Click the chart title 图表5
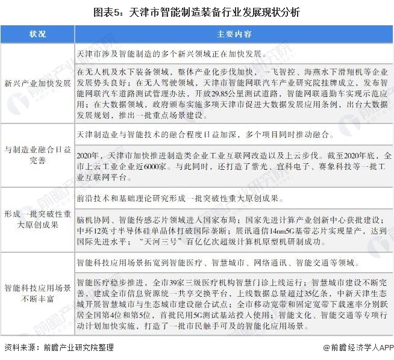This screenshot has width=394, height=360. pos(198,11)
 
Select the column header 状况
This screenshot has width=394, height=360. pos(37,34)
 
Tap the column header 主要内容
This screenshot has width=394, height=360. pos(234,34)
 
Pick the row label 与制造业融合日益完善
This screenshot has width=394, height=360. pos(37,156)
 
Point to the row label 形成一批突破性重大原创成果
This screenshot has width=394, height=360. pos(37,219)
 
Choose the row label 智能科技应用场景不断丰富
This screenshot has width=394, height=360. pos(37,291)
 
